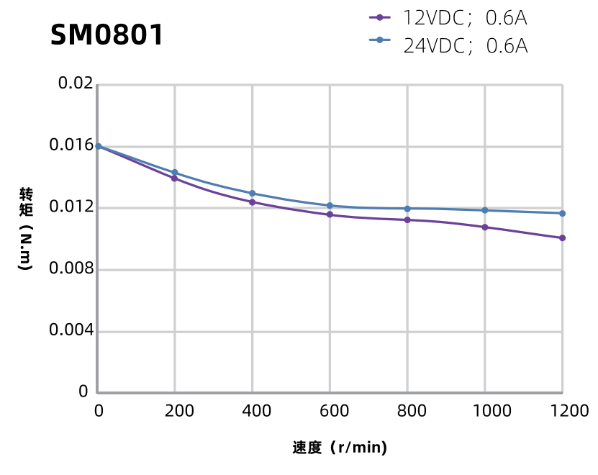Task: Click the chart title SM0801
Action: (x=107, y=35)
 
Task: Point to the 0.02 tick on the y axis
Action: (x=76, y=84)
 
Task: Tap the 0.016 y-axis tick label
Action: (x=71, y=145)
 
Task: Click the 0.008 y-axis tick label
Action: (x=71, y=269)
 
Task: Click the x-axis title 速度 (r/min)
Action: (x=340, y=448)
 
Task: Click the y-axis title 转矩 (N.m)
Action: (x=26, y=229)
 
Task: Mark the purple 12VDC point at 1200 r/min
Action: (x=562, y=237)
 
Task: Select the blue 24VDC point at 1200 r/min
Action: (x=562, y=213)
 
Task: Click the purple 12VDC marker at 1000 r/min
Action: (x=485, y=227)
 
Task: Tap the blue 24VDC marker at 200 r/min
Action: (x=175, y=173)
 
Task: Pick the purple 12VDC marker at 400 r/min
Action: (x=252, y=202)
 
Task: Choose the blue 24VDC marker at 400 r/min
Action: (x=252, y=194)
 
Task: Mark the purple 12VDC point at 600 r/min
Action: (x=330, y=214)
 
